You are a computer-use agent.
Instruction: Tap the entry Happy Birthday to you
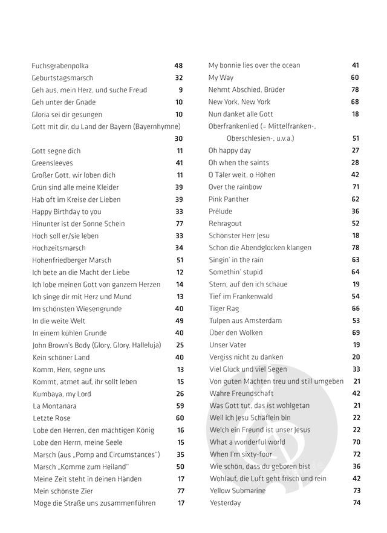[67, 212]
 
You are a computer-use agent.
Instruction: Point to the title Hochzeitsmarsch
[59, 248]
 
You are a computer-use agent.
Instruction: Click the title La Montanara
[53, 406]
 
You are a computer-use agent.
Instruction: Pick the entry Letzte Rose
[51, 418]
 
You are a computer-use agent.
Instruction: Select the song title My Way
[221, 77]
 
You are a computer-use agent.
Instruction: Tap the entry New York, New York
[239, 102]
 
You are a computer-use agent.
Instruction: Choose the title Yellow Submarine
[238, 491]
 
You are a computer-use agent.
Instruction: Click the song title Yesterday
[225, 503]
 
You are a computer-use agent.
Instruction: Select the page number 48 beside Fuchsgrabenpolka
[178, 66]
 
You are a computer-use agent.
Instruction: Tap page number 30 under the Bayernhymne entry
[178, 138]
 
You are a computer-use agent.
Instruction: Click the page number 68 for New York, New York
[355, 102]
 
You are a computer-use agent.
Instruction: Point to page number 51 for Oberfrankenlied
[356, 138]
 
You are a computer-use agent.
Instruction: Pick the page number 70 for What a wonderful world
[356, 442]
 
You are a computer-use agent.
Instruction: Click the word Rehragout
[225, 223]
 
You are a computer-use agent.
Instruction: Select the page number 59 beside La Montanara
[180, 406]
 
